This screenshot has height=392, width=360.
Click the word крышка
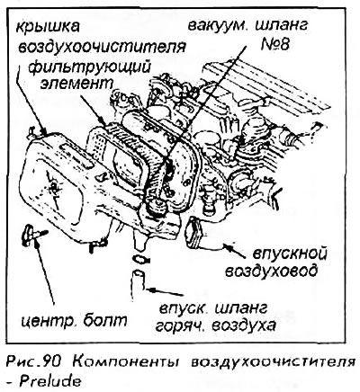pyautogui.click(x=48, y=28)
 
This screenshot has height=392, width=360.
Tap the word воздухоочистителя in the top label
pyautogui.click(x=102, y=47)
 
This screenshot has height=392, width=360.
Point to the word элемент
pyautogui.click(x=76, y=84)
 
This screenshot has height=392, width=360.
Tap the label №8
pyautogui.click(x=274, y=44)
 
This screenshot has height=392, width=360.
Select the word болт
pyautogui.click(x=105, y=321)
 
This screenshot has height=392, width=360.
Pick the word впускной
pyautogui.click(x=289, y=254)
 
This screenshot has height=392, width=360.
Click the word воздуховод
pyautogui.click(x=271, y=271)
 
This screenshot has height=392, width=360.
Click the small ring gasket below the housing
pyautogui.click(x=140, y=258)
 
